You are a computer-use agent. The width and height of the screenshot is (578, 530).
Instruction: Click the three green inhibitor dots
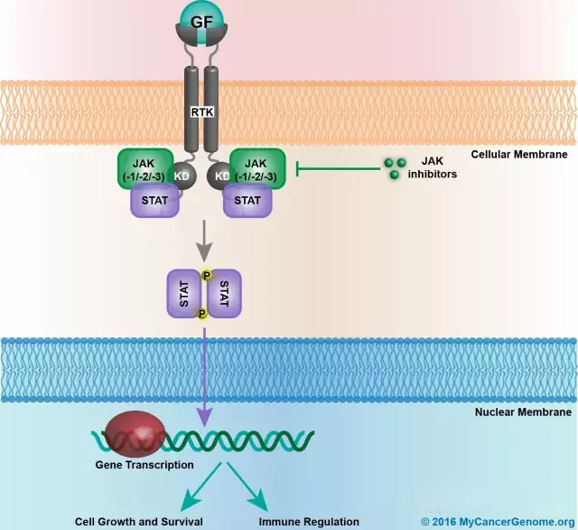point(392,166)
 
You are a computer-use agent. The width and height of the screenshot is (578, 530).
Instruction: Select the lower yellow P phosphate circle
point(202,313)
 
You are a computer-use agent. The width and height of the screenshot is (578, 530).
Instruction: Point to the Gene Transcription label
point(144,465)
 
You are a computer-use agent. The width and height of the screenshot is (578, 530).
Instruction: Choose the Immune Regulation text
point(309,522)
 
